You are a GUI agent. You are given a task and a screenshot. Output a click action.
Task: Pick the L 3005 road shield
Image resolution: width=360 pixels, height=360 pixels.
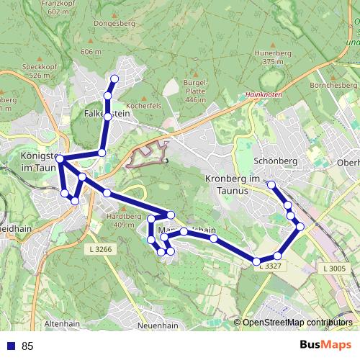[x=335, y=269]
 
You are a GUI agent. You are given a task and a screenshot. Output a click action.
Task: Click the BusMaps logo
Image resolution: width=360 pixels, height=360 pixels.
[x=325, y=346]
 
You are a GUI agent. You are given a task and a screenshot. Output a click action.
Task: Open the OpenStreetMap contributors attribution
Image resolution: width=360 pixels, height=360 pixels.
[x=297, y=323]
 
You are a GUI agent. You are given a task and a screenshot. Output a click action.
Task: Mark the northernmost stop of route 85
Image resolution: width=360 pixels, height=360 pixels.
[x=114, y=78]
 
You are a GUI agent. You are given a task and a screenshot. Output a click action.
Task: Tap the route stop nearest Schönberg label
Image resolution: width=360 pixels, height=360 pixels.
[x=271, y=185]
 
